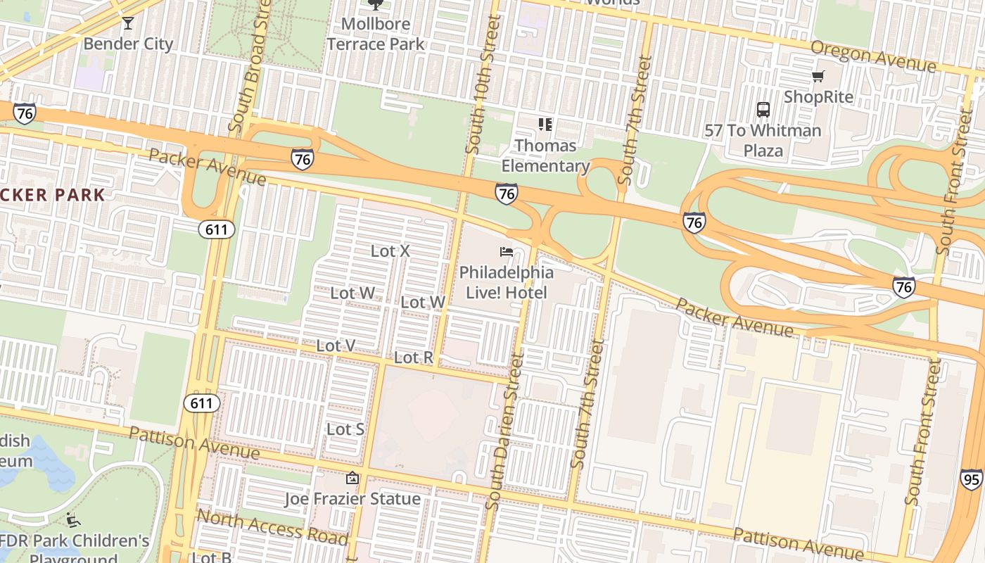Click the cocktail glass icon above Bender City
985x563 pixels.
pos(127,23)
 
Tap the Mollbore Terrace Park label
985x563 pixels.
pos(376,34)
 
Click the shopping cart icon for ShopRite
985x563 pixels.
pos(818,76)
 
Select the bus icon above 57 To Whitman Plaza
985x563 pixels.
pos(763,110)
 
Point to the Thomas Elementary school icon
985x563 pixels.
pos(545,125)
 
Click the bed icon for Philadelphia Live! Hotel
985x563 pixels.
pos(506,251)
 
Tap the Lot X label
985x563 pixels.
pos(390,251)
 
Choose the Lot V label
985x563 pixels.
pos(336,345)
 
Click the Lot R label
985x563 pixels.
pos(414,358)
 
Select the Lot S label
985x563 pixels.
pos(345,429)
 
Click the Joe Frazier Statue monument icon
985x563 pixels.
pos(352,479)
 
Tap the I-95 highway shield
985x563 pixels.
pos(972,479)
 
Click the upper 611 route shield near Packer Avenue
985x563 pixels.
pos(215,229)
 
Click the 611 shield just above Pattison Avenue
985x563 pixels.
pos(201,403)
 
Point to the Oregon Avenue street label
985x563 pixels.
pos(873,56)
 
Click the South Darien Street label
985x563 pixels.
pos(507,431)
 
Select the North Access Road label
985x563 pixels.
pos(272,527)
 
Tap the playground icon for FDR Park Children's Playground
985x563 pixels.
pos(73,521)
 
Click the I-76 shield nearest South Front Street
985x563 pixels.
pos(904,286)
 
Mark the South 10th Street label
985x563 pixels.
pos(484,84)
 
